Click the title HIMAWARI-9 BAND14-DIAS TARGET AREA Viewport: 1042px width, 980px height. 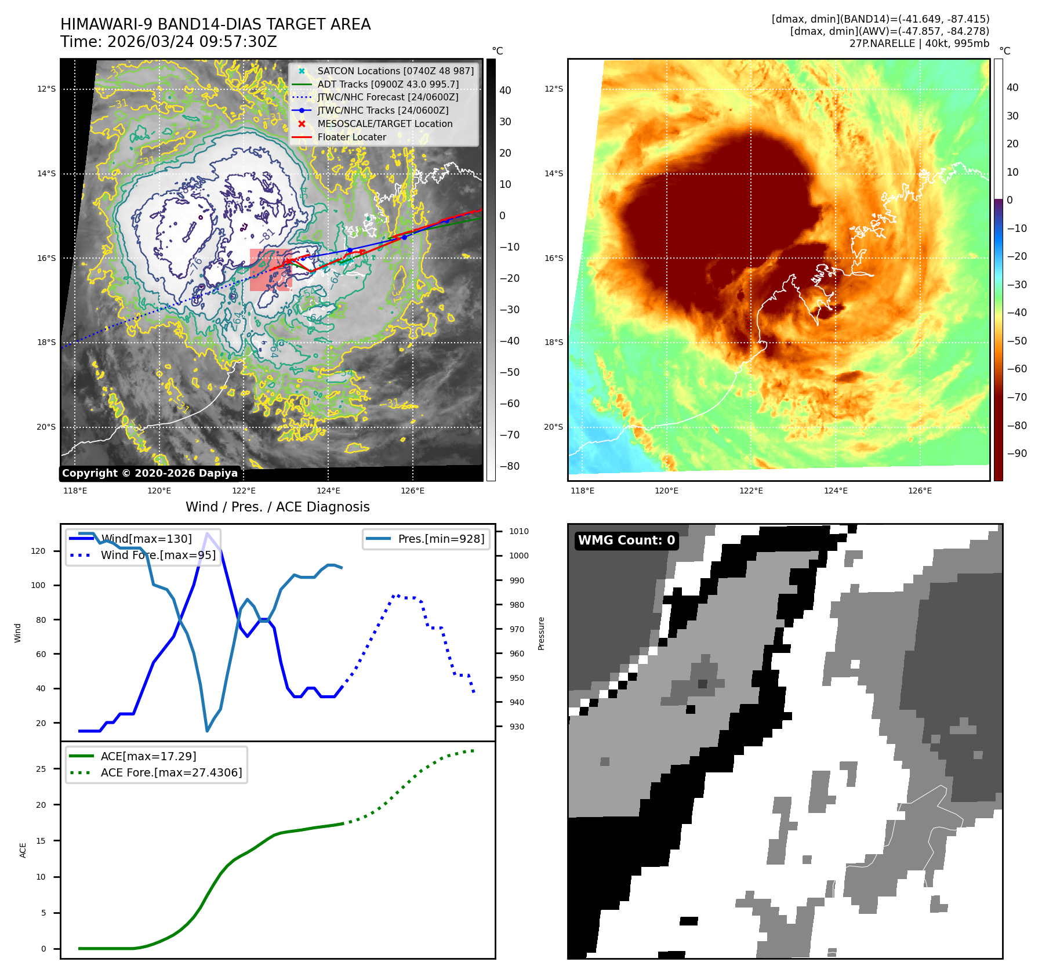click(215, 24)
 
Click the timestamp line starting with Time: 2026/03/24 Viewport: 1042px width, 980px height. click(168, 42)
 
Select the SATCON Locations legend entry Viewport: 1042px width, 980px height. click(395, 71)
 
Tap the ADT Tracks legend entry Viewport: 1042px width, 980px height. click(387, 84)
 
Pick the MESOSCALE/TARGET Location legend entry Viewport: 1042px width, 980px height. click(384, 124)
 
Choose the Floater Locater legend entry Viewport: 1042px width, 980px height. click(351, 137)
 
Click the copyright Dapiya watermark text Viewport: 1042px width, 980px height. click(150, 473)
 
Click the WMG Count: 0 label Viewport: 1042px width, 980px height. click(626, 540)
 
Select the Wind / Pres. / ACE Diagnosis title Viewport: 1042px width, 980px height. click(277, 507)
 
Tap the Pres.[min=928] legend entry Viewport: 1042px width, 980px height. click(441, 539)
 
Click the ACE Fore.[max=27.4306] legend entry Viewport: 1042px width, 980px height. click(171, 772)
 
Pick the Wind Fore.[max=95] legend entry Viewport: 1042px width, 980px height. click(158, 555)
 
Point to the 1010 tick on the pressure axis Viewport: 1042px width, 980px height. click(518, 531)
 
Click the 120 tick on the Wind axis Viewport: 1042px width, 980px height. click(38, 551)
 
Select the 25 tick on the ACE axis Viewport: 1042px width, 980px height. click(41, 769)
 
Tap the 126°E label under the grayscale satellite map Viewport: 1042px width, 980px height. click(412, 491)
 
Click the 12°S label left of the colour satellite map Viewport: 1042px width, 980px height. click(553, 89)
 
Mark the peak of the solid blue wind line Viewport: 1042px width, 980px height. click(207, 533)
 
